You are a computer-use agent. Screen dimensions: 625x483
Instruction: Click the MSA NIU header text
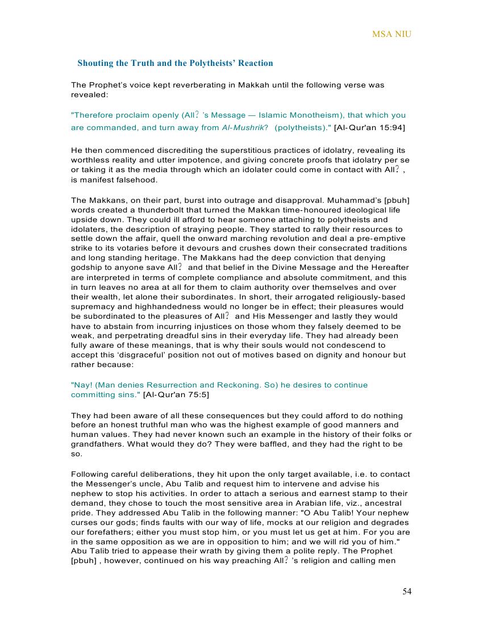(392, 34)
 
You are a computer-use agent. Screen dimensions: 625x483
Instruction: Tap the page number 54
(407, 591)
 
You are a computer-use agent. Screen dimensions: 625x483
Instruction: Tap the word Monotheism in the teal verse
(307, 115)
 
